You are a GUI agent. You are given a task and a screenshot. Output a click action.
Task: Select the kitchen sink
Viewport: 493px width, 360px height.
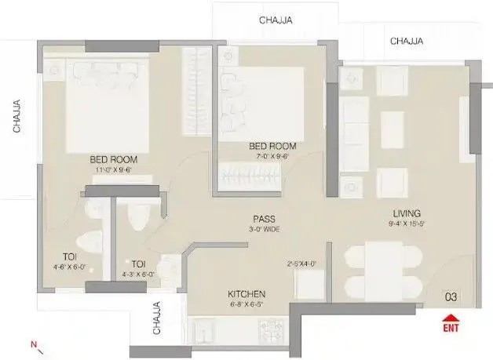tap(210, 325)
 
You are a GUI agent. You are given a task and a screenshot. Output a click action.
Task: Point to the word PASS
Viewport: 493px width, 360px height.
tap(263, 219)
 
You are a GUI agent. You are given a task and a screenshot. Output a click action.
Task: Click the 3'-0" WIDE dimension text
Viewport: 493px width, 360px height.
tap(263, 229)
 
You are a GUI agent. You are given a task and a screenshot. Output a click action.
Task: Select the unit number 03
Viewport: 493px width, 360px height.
tap(451, 296)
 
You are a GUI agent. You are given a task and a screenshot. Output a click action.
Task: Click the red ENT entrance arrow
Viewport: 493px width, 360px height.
tap(451, 319)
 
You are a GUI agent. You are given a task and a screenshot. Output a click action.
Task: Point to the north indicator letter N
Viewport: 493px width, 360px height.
tap(32, 344)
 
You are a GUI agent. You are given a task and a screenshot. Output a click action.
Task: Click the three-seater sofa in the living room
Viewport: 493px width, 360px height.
tap(357, 133)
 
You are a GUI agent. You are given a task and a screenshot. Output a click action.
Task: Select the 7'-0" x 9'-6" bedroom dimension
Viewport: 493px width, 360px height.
tap(272, 156)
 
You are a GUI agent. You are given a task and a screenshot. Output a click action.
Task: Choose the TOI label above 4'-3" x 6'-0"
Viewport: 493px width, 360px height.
tap(138, 264)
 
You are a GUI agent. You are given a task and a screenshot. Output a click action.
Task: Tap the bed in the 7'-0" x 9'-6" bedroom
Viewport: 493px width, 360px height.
tap(263, 103)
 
